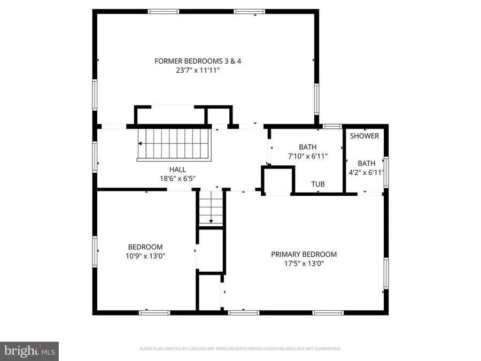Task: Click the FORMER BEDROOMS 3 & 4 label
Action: coord(198,61)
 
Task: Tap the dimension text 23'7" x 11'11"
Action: coord(198,70)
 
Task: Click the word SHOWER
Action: coord(364,136)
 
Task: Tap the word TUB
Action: coord(319,185)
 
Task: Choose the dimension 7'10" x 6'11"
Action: coord(307,156)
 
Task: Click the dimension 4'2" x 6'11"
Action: coord(367,173)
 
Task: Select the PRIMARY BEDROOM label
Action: coord(304,255)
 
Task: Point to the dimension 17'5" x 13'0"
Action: coord(304,264)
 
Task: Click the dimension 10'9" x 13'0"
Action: coord(145,256)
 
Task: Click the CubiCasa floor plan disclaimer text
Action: coord(240,349)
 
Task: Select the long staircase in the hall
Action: coord(175,144)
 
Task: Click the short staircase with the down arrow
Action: coord(211,209)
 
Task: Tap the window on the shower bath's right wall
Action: coord(386,173)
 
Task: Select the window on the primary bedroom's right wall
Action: coord(386,275)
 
